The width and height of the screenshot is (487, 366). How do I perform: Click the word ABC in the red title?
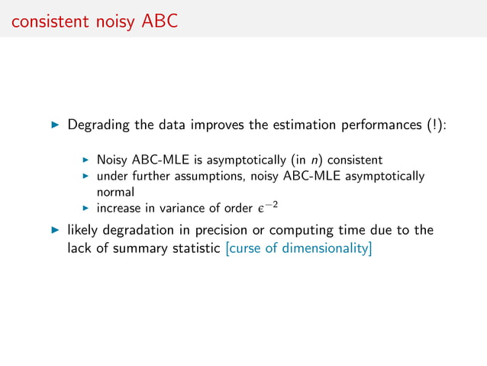[160, 21]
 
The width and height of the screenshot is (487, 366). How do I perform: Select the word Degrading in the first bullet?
[98, 125]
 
